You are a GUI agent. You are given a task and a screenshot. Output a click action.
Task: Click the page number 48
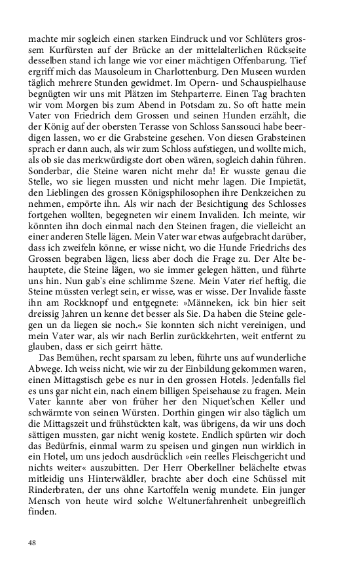[x=32, y=543]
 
